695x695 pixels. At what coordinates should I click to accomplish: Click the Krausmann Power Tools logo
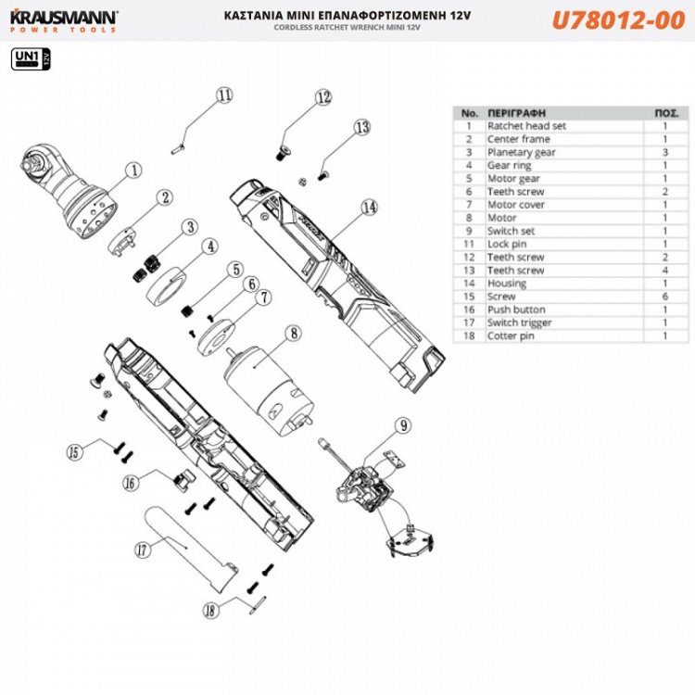click(x=63, y=20)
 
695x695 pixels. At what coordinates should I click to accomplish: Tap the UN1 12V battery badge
click(x=30, y=61)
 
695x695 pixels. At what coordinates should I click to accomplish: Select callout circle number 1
click(x=133, y=171)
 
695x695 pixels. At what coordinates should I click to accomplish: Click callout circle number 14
click(x=370, y=207)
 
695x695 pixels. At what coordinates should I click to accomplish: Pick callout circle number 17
click(x=143, y=550)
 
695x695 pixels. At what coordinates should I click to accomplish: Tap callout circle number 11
click(x=224, y=96)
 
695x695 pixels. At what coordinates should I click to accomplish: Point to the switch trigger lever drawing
click(x=190, y=547)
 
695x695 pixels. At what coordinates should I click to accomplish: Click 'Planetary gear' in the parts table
click(x=522, y=152)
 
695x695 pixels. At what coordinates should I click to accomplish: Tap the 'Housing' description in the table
click(x=507, y=283)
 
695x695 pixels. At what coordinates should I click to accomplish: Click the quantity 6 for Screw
click(x=664, y=297)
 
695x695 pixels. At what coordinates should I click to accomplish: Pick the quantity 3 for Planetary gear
click(x=664, y=152)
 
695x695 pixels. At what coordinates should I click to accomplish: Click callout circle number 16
click(x=132, y=482)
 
